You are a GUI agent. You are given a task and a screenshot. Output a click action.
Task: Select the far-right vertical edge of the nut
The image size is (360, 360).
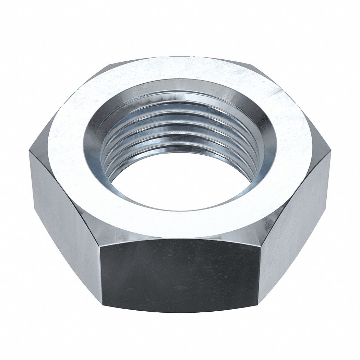coord(330,178)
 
